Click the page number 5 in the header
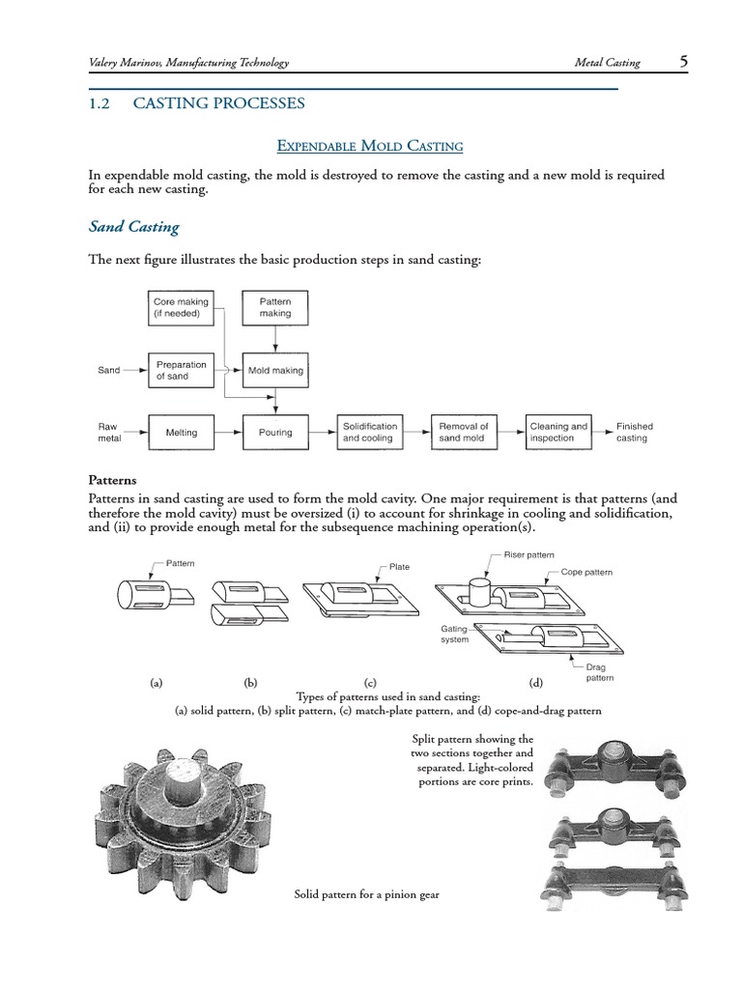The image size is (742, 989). (x=683, y=62)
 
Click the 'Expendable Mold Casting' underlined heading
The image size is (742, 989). (x=370, y=146)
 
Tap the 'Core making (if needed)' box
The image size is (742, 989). (x=180, y=308)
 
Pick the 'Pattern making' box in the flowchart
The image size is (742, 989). (x=275, y=308)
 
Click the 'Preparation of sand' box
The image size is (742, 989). (x=181, y=370)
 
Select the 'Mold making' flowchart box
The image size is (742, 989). (x=275, y=370)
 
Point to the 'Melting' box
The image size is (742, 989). (x=181, y=433)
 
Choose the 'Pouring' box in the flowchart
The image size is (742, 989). (x=275, y=433)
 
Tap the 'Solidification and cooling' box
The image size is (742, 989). (x=370, y=433)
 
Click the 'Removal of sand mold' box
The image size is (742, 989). (x=464, y=433)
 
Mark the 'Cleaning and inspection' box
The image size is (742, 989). (x=558, y=433)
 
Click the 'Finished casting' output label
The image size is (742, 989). (x=635, y=433)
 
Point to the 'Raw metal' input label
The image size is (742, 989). (x=107, y=433)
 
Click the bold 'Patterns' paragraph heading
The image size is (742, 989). (x=113, y=480)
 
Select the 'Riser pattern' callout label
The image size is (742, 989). (x=528, y=555)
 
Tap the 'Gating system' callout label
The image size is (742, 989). (x=454, y=634)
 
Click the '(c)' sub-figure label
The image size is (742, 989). (x=369, y=682)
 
